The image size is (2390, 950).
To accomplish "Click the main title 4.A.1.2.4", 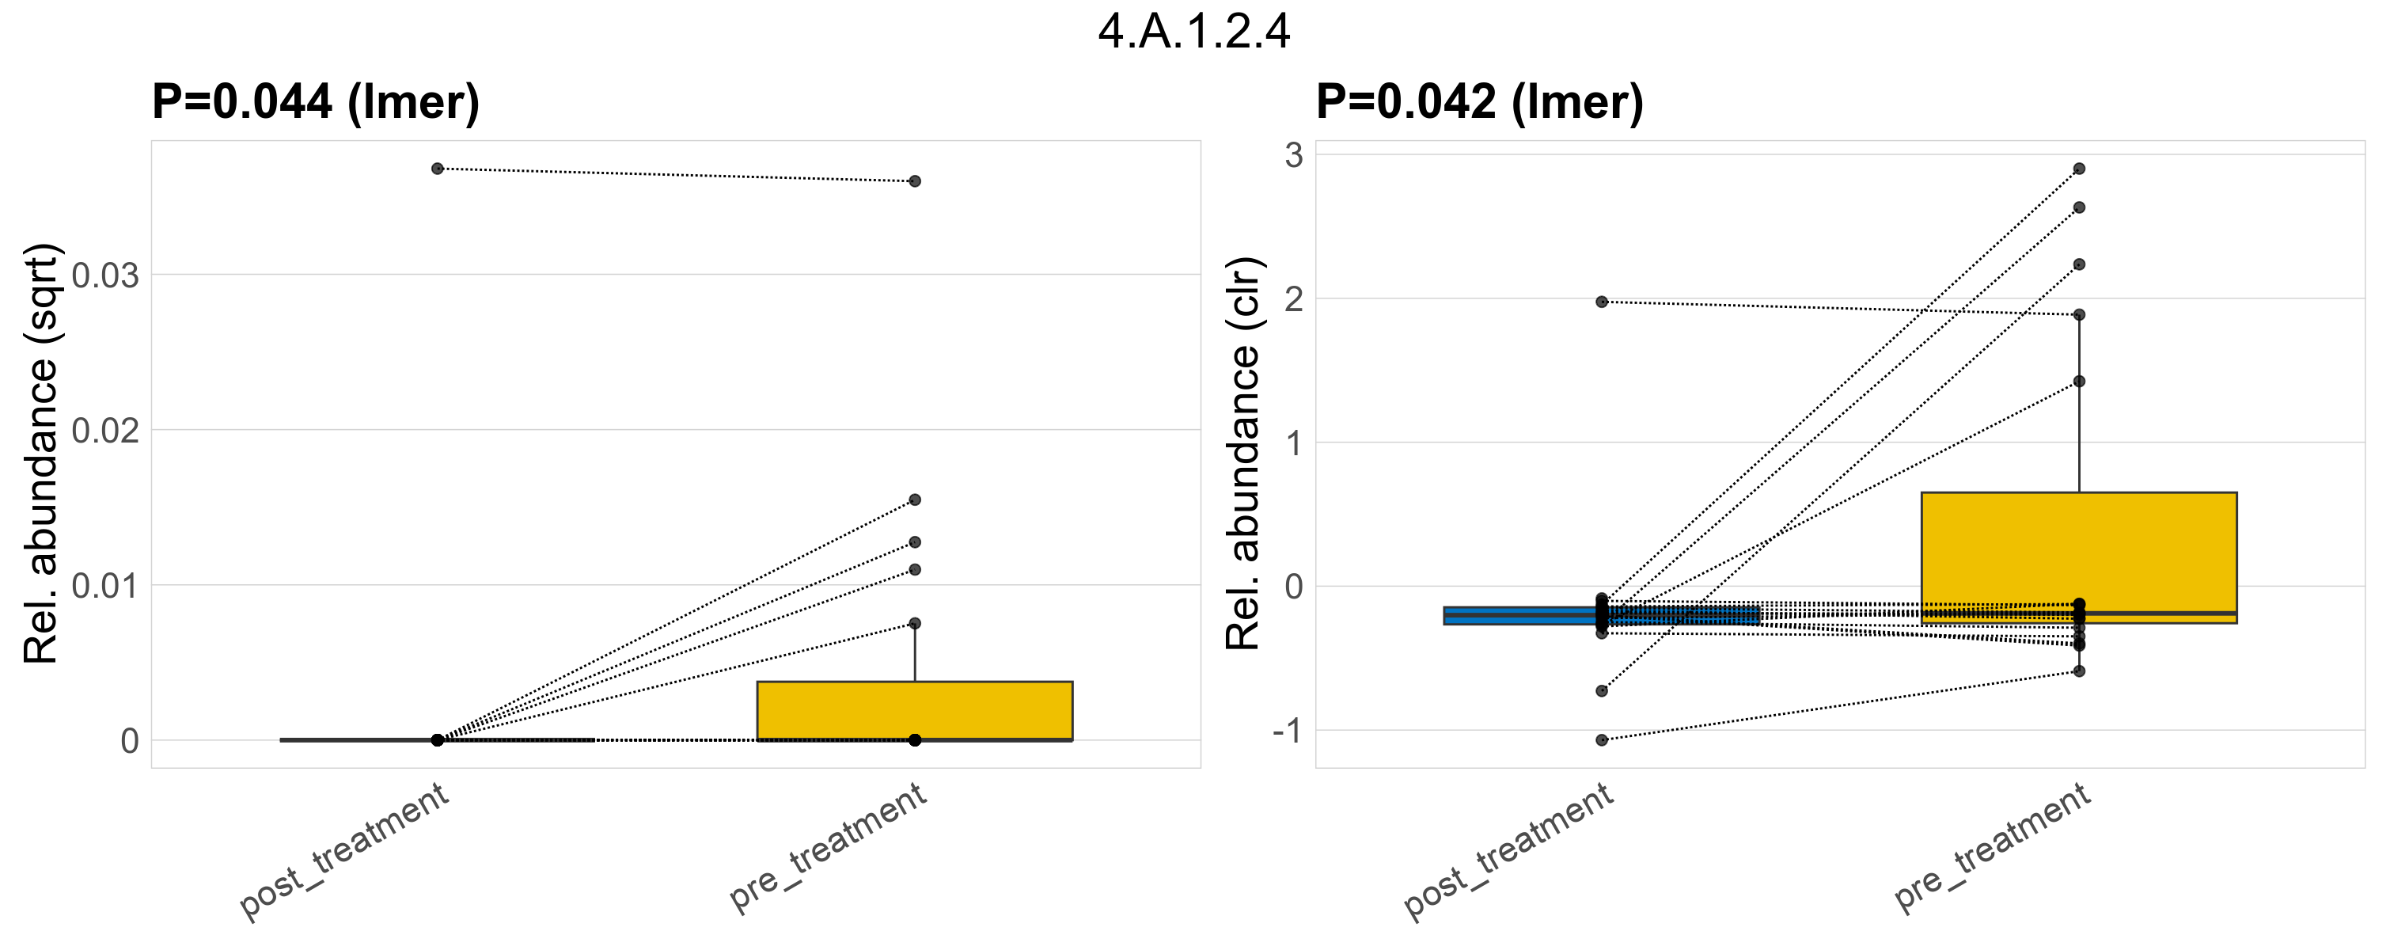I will [x=1194, y=32].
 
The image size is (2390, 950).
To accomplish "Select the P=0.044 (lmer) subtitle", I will [x=316, y=101].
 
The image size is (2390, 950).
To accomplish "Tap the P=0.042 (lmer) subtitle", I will [x=1479, y=101].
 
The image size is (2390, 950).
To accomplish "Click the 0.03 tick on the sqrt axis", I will [x=104, y=275].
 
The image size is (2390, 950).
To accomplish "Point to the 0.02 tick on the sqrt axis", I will [x=104, y=431].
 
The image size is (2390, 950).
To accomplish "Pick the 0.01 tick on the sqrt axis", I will [x=104, y=587].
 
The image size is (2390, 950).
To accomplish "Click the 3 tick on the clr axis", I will [x=1293, y=155].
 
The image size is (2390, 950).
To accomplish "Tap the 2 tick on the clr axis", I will [x=1293, y=298].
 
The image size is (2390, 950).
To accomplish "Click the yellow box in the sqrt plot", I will [x=914, y=711].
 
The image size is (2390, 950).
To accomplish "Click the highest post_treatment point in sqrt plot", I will [x=437, y=169].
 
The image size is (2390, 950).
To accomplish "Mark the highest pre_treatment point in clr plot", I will [x=2079, y=169].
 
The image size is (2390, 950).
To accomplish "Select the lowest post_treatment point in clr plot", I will [x=1601, y=740].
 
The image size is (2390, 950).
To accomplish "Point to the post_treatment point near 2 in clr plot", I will [x=1601, y=302].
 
